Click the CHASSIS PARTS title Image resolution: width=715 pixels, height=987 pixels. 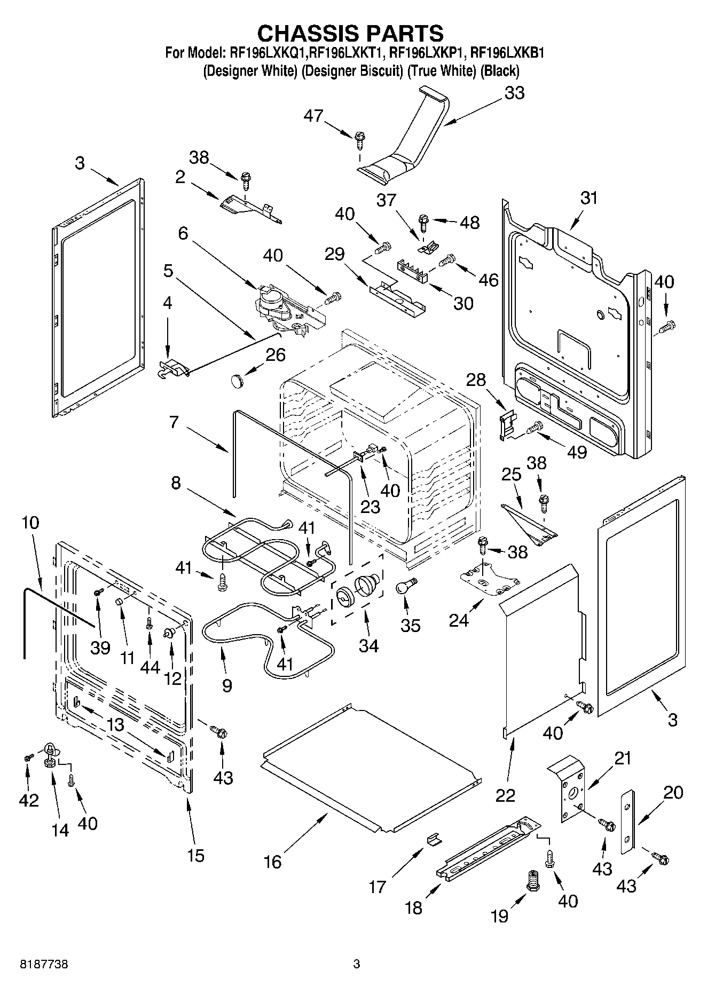tap(350, 33)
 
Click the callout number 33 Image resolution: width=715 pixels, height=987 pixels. tap(514, 93)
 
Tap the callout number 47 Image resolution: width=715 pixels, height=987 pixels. tap(313, 115)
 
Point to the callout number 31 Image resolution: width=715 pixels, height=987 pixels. tap(589, 198)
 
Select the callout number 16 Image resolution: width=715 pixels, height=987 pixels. tap(272, 862)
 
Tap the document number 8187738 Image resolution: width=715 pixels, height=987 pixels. tap(44, 965)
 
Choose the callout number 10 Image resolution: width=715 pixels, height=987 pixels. tap(30, 522)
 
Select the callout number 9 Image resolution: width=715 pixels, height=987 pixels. tap(227, 685)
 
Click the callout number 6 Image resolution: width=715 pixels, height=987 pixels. tap(183, 233)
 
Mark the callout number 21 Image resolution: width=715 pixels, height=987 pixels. tap(622, 758)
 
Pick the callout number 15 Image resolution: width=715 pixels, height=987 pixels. tap(196, 855)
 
